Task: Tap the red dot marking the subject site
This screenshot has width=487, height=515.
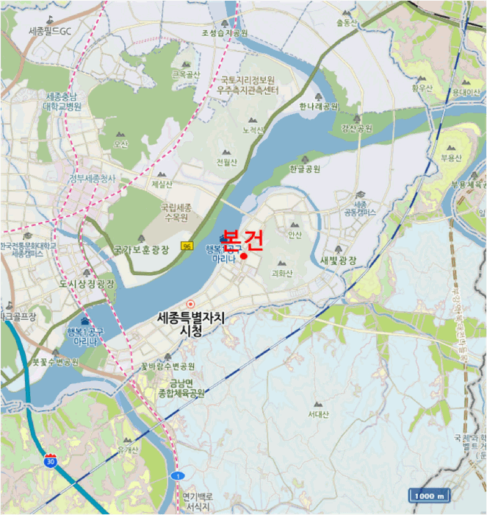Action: tap(243, 257)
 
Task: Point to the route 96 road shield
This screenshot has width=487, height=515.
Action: tap(188, 246)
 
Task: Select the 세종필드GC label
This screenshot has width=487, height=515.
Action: tap(50, 32)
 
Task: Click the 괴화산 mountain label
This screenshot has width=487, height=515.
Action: tap(282, 272)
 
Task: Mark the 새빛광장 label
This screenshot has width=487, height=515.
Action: tap(339, 260)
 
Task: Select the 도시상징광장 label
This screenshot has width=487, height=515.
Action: tap(87, 283)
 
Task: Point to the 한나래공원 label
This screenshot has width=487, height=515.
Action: tap(319, 106)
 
